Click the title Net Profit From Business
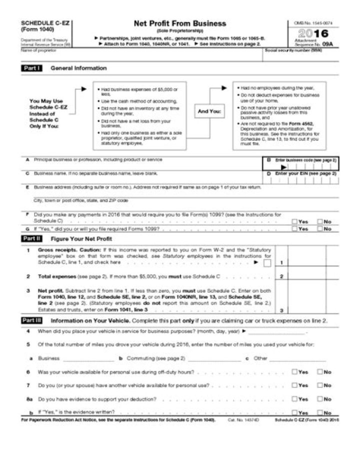coord(179,24)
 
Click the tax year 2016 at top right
coord(312,34)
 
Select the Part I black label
coord(31,68)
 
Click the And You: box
coord(209,111)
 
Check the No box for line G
coord(319,229)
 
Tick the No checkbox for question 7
coord(319,385)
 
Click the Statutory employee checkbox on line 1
coord(267,263)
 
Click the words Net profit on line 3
coord(48,290)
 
